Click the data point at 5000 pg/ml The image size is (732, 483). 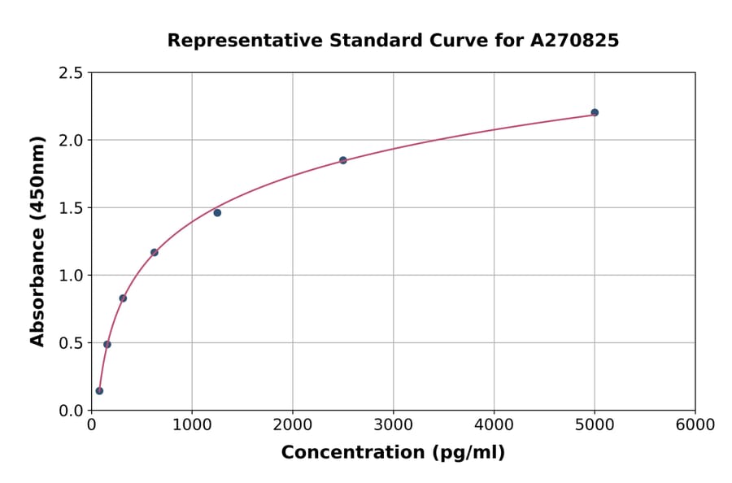point(595,112)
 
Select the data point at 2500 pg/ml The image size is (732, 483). point(343,160)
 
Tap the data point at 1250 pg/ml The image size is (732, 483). point(217,212)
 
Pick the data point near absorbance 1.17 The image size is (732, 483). point(155,252)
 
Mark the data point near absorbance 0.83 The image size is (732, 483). point(123,298)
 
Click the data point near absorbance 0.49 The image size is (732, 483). point(107,344)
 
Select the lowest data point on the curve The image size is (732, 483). point(99,390)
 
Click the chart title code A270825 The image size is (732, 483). point(574,41)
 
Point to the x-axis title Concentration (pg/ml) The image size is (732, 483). point(393,452)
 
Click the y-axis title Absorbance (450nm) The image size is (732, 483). point(37,241)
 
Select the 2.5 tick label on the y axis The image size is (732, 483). point(72,73)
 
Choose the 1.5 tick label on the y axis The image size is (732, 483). point(72,208)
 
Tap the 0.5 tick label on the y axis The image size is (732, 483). point(72,343)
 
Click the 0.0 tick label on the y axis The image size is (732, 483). point(72,411)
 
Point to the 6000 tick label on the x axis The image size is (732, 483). point(695,425)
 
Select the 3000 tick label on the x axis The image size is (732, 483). point(393,425)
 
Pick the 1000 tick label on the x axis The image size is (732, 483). point(192,425)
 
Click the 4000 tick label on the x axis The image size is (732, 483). point(494,425)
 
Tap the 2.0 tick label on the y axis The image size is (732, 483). point(72,141)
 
